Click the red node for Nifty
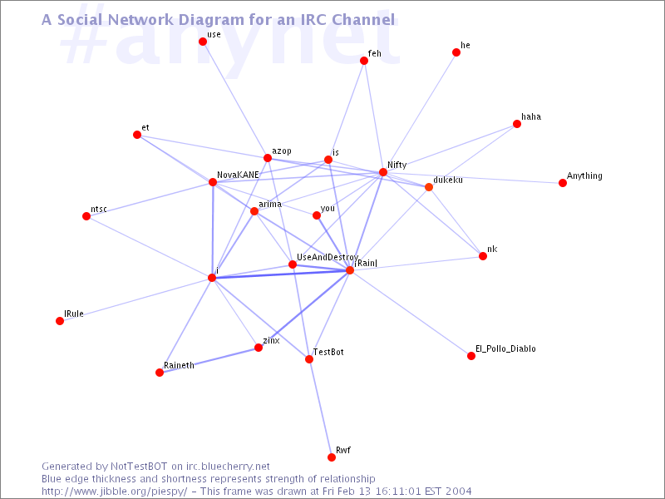coord(383,172)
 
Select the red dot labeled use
coord(203,41)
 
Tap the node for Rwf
coord(332,457)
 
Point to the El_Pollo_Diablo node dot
coord(471,356)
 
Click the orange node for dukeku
coord(429,187)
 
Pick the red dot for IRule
coord(60,321)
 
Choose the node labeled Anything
coord(563,183)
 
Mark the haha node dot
coord(517,124)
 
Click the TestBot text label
coord(328,352)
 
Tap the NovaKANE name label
coord(238,175)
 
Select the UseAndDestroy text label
coord(328,257)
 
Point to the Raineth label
coord(179,365)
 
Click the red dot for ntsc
coord(86,216)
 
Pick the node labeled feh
coord(364,61)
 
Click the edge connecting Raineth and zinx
coord(209,360)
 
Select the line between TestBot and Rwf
coord(320,408)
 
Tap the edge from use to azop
coord(235,100)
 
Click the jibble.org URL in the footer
coord(114,492)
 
